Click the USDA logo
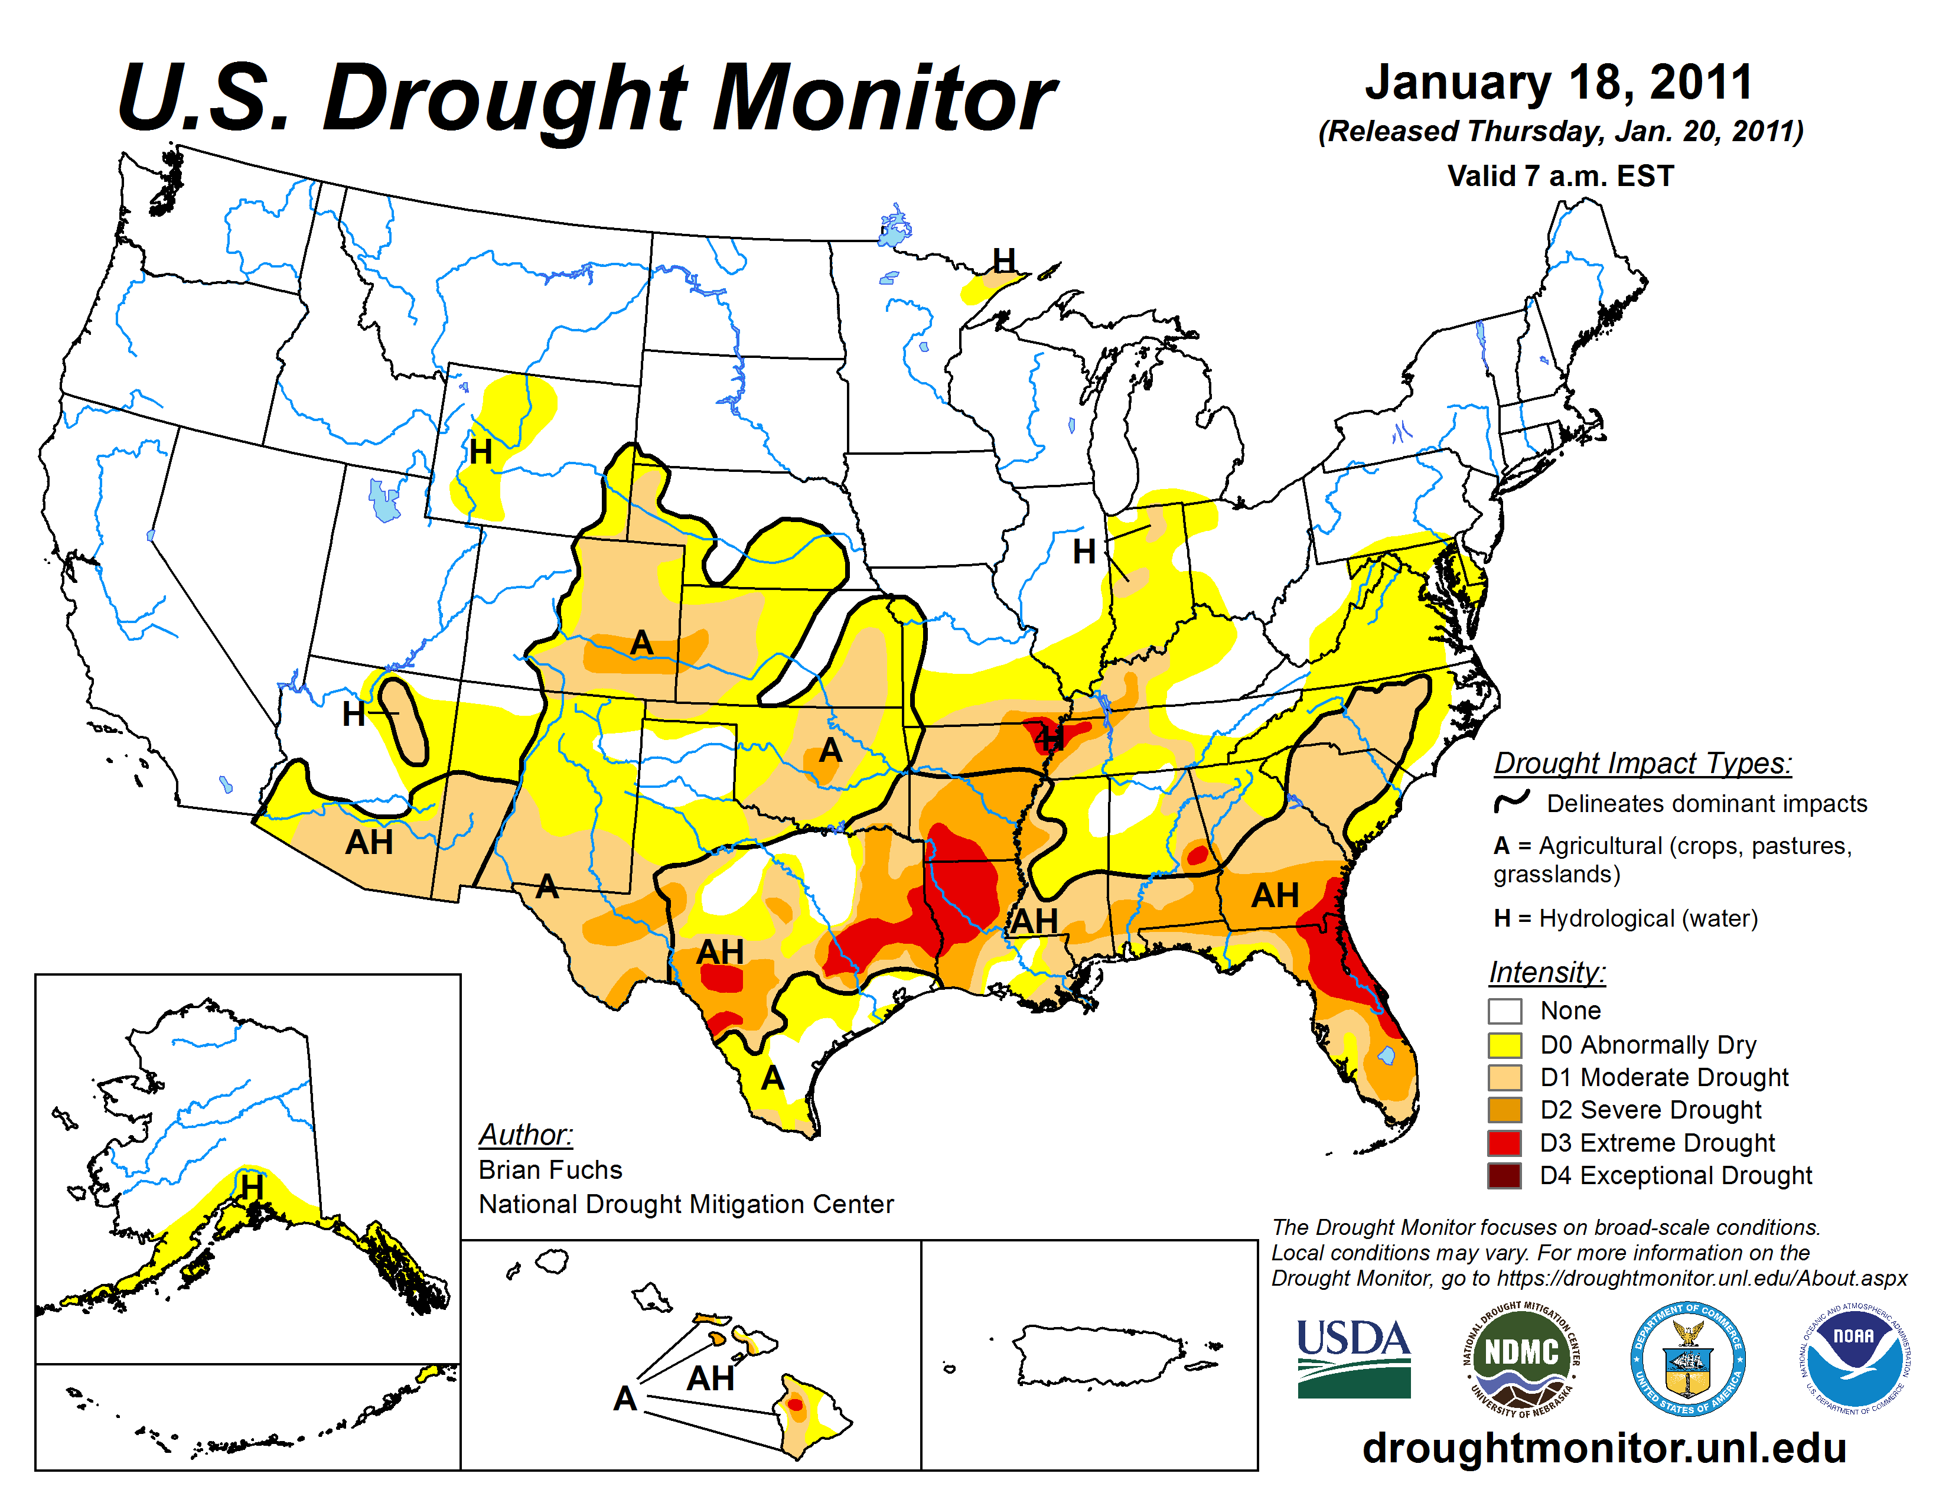point(1353,1358)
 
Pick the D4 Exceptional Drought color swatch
point(1505,1175)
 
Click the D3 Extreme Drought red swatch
point(1505,1143)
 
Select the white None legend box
point(1505,1011)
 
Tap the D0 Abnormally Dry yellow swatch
point(1505,1045)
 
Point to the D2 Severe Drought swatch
point(1505,1110)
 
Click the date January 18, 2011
point(1558,82)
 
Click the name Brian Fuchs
point(550,1169)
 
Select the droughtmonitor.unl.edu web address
point(1603,1447)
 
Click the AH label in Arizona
point(369,842)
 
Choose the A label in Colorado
point(641,643)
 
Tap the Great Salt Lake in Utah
point(384,501)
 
